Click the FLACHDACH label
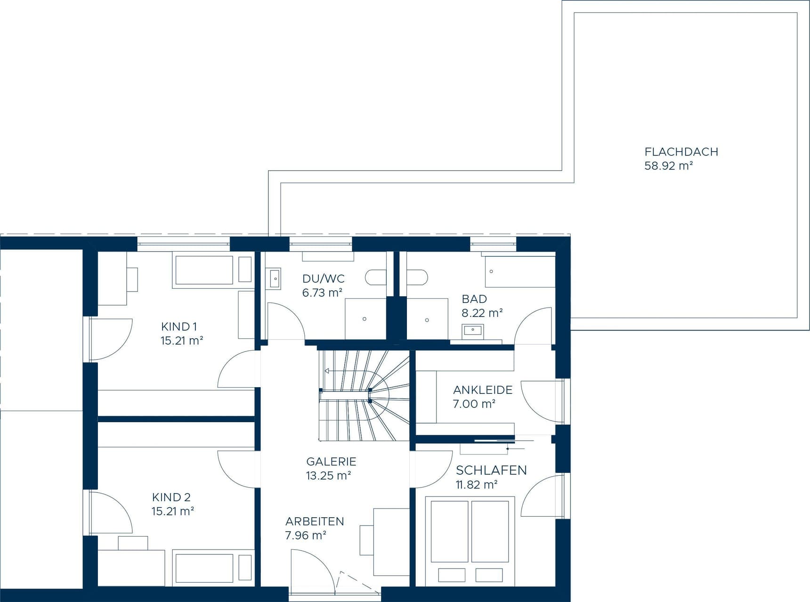click(x=681, y=152)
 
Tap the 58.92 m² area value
click(x=668, y=166)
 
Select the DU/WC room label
click(x=323, y=278)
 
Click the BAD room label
click(x=474, y=299)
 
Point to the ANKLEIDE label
click(x=483, y=390)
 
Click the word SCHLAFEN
click(x=491, y=470)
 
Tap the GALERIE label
click(x=331, y=462)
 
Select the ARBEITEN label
click(x=315, y=521)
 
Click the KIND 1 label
click(x=179, y=326)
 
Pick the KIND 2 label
click(x=171, y=497)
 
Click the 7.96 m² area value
click(x=306, y=536)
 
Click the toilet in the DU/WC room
click(x=375, y=277)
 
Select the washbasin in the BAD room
click(x=472, y=330)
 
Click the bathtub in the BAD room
click(x=520, y=272)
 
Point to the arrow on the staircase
click(x=326, y=371)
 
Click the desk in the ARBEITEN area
click(x=391, y=542)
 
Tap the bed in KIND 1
click(x=203, y=270)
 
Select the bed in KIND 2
click(x=204, y=568)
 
